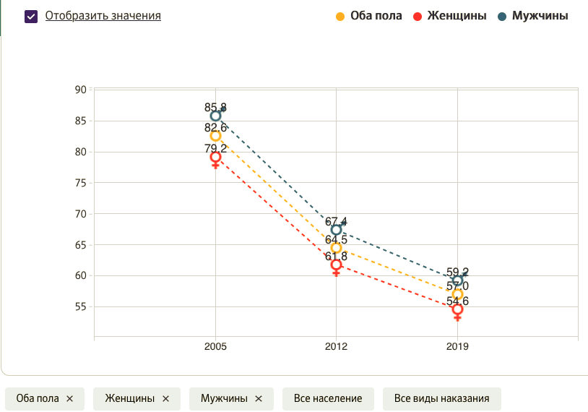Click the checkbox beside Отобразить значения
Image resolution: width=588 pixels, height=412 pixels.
pos(31,16)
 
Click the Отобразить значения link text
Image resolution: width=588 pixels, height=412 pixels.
pos(103,15)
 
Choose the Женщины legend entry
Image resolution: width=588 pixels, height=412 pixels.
pos(449,16)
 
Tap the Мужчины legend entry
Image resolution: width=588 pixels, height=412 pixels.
pos(532,16)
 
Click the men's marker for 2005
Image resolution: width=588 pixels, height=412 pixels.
pos(215,116)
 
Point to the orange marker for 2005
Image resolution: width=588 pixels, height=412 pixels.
pos(215,136)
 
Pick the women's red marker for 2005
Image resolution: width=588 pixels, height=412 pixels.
pos(215,157)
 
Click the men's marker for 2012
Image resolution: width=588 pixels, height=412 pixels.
pos(336,230)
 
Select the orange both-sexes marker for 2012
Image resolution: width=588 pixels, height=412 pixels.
pos(336,248)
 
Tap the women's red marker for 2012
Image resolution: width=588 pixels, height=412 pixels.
pos(336,265)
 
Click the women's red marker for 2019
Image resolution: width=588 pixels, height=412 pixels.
pos(457,309)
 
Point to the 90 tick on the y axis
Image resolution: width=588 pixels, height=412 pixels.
pos(81,90)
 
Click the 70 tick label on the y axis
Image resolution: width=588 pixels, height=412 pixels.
pos(81,214)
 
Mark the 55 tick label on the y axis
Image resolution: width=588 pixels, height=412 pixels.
pos(81,306)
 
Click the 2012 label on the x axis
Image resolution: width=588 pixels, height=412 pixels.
pos(336,347)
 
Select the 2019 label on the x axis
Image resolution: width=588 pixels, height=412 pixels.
pos(457,347)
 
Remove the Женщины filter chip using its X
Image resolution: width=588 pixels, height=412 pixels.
pos(165,398)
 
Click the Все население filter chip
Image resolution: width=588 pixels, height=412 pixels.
pos(328,398)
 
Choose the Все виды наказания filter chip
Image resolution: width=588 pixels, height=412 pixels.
pos(441,398)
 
